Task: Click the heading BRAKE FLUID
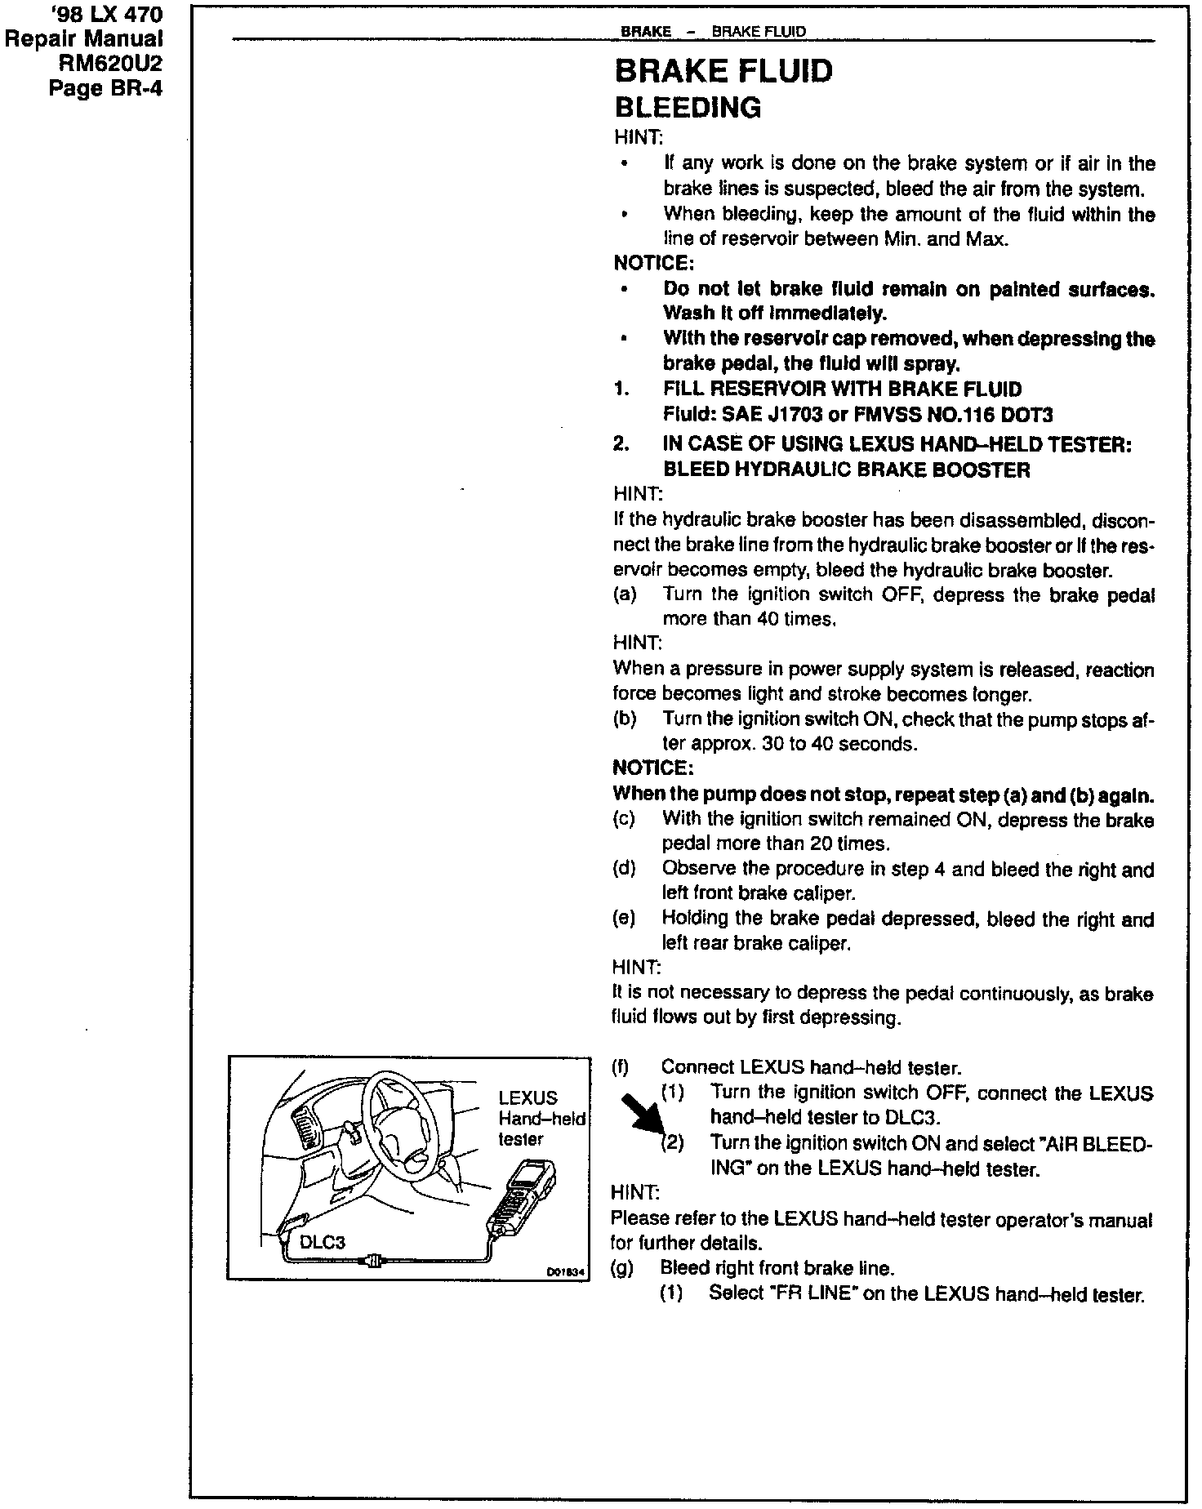(x=723, y=71)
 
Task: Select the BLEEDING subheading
(x=688, y=108)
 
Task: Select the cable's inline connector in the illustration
(x=374, y=1262)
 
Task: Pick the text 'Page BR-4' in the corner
(x=106, y=87)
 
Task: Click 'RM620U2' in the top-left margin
(x=112, y=63)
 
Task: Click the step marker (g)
(x=623, y=1268)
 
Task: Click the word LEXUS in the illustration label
(x=528, y=1098)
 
